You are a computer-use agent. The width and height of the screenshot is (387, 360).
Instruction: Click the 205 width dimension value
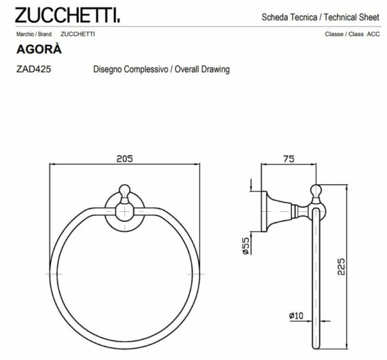pos(124,158)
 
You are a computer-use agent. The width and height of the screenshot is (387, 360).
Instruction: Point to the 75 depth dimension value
pos(288,158)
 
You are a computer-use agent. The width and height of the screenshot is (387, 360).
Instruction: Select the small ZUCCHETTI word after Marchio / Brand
pos(77,33)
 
